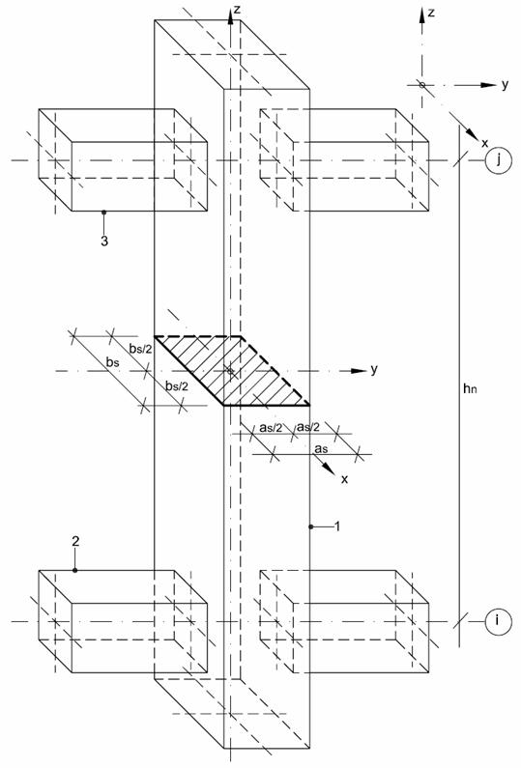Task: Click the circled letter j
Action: [x=499, y=160]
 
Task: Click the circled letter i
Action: [x=498, y=621]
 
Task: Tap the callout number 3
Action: [x=103, y=241]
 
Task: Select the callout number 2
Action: [x=75, y=541]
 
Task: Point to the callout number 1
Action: [x=337, y=526]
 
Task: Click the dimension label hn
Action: [x=470, y=388]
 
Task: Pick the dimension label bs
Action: [x=113, y=363]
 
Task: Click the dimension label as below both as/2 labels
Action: [x=322, y=448]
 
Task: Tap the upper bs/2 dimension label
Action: [x=141, y=348]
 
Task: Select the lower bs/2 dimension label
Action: [x=177, y=386]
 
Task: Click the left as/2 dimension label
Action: [x=271, y=427]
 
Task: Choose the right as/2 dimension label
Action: [x=308, y=427]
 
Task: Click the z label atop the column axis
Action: [x=237, y=10]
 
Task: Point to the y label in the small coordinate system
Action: [x=505, y=84]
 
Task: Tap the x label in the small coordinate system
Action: [x=484, y=143]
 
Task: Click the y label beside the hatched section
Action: [x=374, y=369]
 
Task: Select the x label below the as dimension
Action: [x=344, y=479]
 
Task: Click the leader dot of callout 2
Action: [x=75, y=570]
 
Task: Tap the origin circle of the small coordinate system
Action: [x=422, y=85]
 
